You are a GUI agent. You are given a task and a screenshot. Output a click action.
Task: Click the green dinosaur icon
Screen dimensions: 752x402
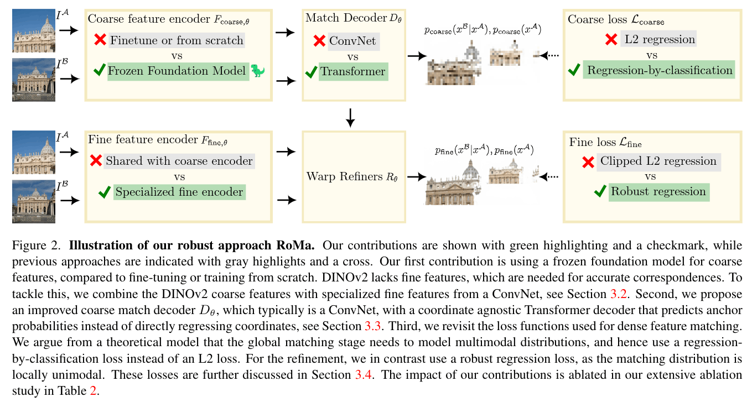point(258,70)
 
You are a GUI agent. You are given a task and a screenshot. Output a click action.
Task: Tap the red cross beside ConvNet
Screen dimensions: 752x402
point(319,41)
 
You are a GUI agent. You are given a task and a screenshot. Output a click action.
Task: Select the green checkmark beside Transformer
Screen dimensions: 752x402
point(311,72)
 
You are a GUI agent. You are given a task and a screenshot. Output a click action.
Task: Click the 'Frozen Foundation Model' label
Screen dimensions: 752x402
point(177,71)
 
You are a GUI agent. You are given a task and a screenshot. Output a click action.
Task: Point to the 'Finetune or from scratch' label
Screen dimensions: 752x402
point(177,40)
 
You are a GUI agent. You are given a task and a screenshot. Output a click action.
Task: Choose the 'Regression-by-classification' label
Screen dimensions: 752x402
point(660,70)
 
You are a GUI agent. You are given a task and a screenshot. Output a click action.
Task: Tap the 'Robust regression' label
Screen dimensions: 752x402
point(658,191)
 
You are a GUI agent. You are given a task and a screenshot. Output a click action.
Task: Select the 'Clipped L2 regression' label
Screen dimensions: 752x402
point(658,161)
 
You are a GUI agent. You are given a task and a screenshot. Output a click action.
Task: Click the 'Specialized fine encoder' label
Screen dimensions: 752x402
point(179,192)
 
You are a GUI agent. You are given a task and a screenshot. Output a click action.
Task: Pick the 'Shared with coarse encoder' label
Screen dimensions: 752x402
point(179,161)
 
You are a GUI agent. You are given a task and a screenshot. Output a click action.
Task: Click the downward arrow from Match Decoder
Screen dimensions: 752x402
point(350,118)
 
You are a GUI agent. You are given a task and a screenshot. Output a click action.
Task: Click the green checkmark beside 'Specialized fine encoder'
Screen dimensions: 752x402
point(105,192)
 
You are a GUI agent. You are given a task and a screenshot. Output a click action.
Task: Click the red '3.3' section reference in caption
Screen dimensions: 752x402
point(372,326)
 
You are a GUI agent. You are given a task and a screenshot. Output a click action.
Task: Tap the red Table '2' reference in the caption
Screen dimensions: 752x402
point(93,390)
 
